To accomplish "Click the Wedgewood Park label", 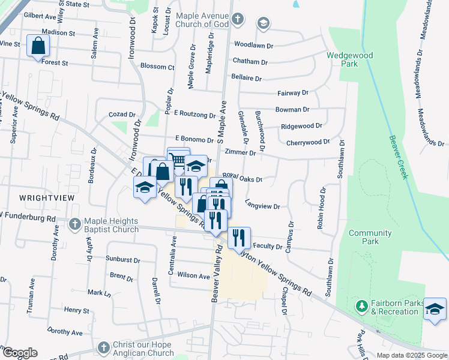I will (x=349, y=59).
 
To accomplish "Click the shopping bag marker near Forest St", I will (x=38, y=46).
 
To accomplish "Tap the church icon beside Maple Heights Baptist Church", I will (x=74, y=224).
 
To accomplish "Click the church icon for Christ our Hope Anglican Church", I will (x=104, y=348).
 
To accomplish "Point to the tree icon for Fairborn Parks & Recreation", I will (x=361, y=307).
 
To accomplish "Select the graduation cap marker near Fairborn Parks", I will (x=435, y=309).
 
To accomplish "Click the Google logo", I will (x=19, y=353).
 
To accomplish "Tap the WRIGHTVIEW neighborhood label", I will (x=43, y=196).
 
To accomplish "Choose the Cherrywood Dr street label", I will (x=308, y=142).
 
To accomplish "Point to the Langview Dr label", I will (x=263, y=206).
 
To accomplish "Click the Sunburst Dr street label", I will (x=123, y=261).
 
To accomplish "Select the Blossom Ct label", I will (x=157, y=67).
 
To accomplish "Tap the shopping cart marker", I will (x=178, y=159).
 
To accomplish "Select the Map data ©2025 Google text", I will (x=411, y=355).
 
